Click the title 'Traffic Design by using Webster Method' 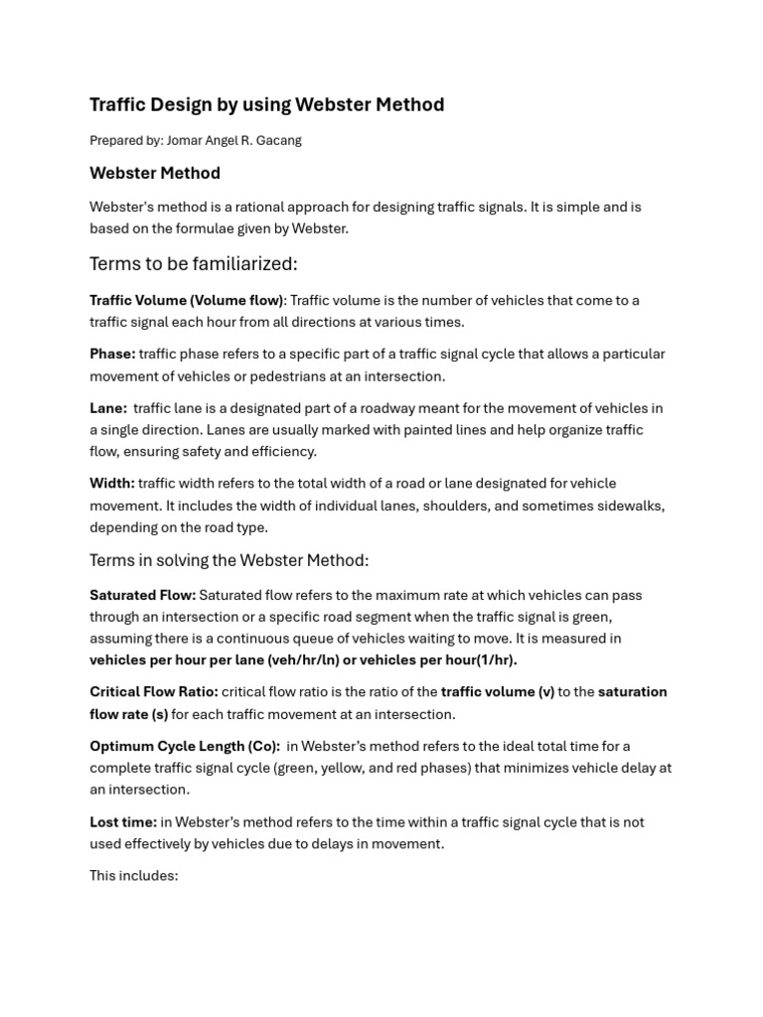point(266,104)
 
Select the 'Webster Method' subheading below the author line point(155,173)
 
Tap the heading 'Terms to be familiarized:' point(194,263)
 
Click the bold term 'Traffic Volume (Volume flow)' point(187,300)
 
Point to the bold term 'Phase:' point(112,354)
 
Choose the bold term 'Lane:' point(108,407)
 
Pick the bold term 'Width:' point(112,483)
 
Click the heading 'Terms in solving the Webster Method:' point(229,560)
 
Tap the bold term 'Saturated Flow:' point(142,595)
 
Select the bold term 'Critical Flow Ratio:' point(153,691)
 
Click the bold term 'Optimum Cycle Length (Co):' point(185,746)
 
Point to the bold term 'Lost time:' point(123,821)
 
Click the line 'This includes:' point(134,876)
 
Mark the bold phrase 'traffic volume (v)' point(497,691)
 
